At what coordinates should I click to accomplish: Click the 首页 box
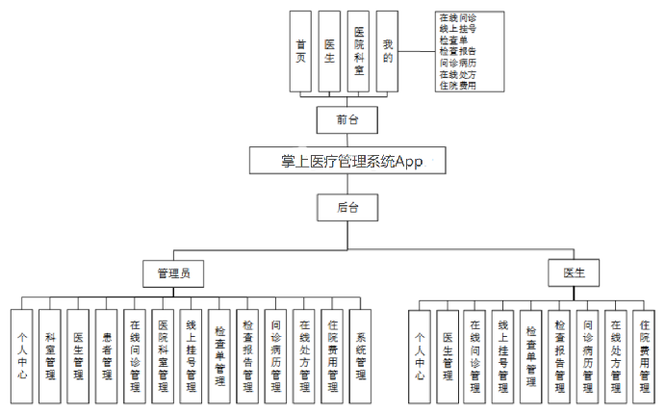coord(302,51)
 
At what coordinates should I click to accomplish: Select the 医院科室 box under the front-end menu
coord(359,51)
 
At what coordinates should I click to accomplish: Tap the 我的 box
coord(387,51)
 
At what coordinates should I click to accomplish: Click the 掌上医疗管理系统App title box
coord(349,161)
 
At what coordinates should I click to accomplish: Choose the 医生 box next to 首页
coord(330,51)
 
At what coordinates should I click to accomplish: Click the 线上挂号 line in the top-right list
coord(457,29)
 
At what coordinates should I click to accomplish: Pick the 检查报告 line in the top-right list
coord(457,52)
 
